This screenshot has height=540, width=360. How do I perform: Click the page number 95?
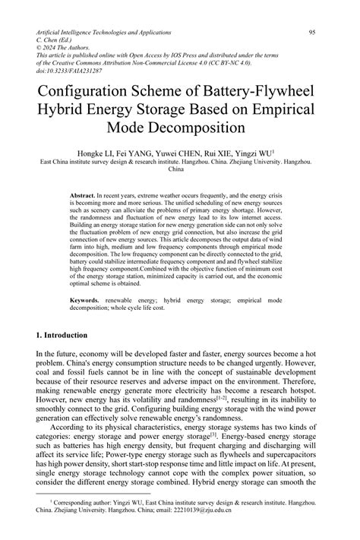tap(312, 33)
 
